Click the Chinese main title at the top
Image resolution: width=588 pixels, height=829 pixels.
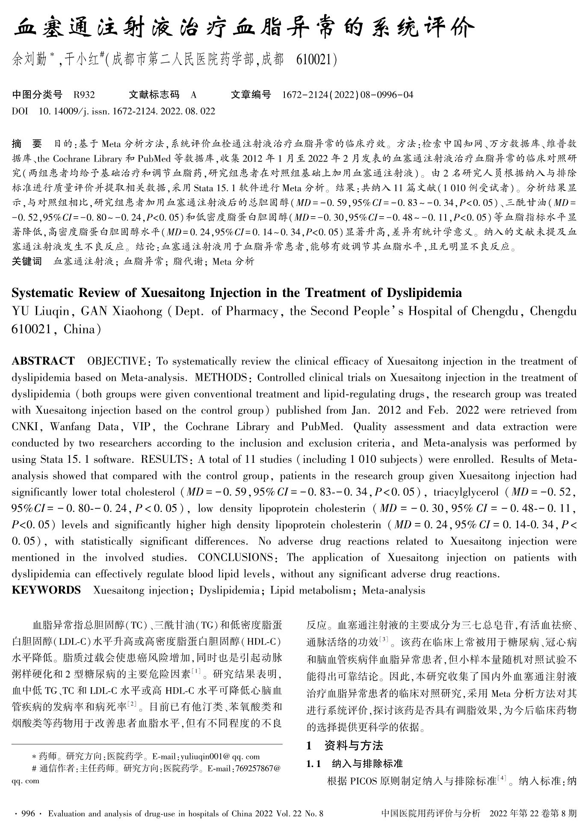coord(244,29)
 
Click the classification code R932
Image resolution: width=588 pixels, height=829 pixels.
coord(84,94)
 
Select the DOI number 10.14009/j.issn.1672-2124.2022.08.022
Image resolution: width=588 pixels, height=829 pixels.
coord(127,111)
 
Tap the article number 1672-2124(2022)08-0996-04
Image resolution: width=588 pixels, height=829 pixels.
coord(348,94)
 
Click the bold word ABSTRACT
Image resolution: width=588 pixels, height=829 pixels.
coord(43,361)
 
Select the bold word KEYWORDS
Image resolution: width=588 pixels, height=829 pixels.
coord(46,590)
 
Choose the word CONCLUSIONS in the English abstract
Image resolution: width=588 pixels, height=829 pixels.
coord(235,558)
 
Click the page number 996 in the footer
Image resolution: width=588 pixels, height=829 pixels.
coord(28,814)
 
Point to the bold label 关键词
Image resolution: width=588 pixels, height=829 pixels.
coord(27,261)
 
